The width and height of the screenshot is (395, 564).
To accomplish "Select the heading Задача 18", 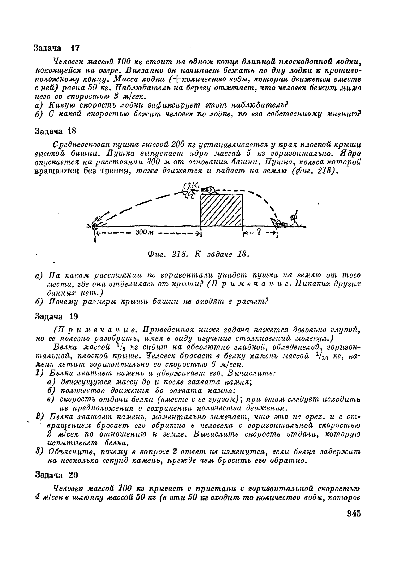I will (x=55, y=131).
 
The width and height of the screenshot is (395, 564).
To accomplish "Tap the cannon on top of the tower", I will (x=208, y=190).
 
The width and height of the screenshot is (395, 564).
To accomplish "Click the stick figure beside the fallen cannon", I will (x=295, y=219).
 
